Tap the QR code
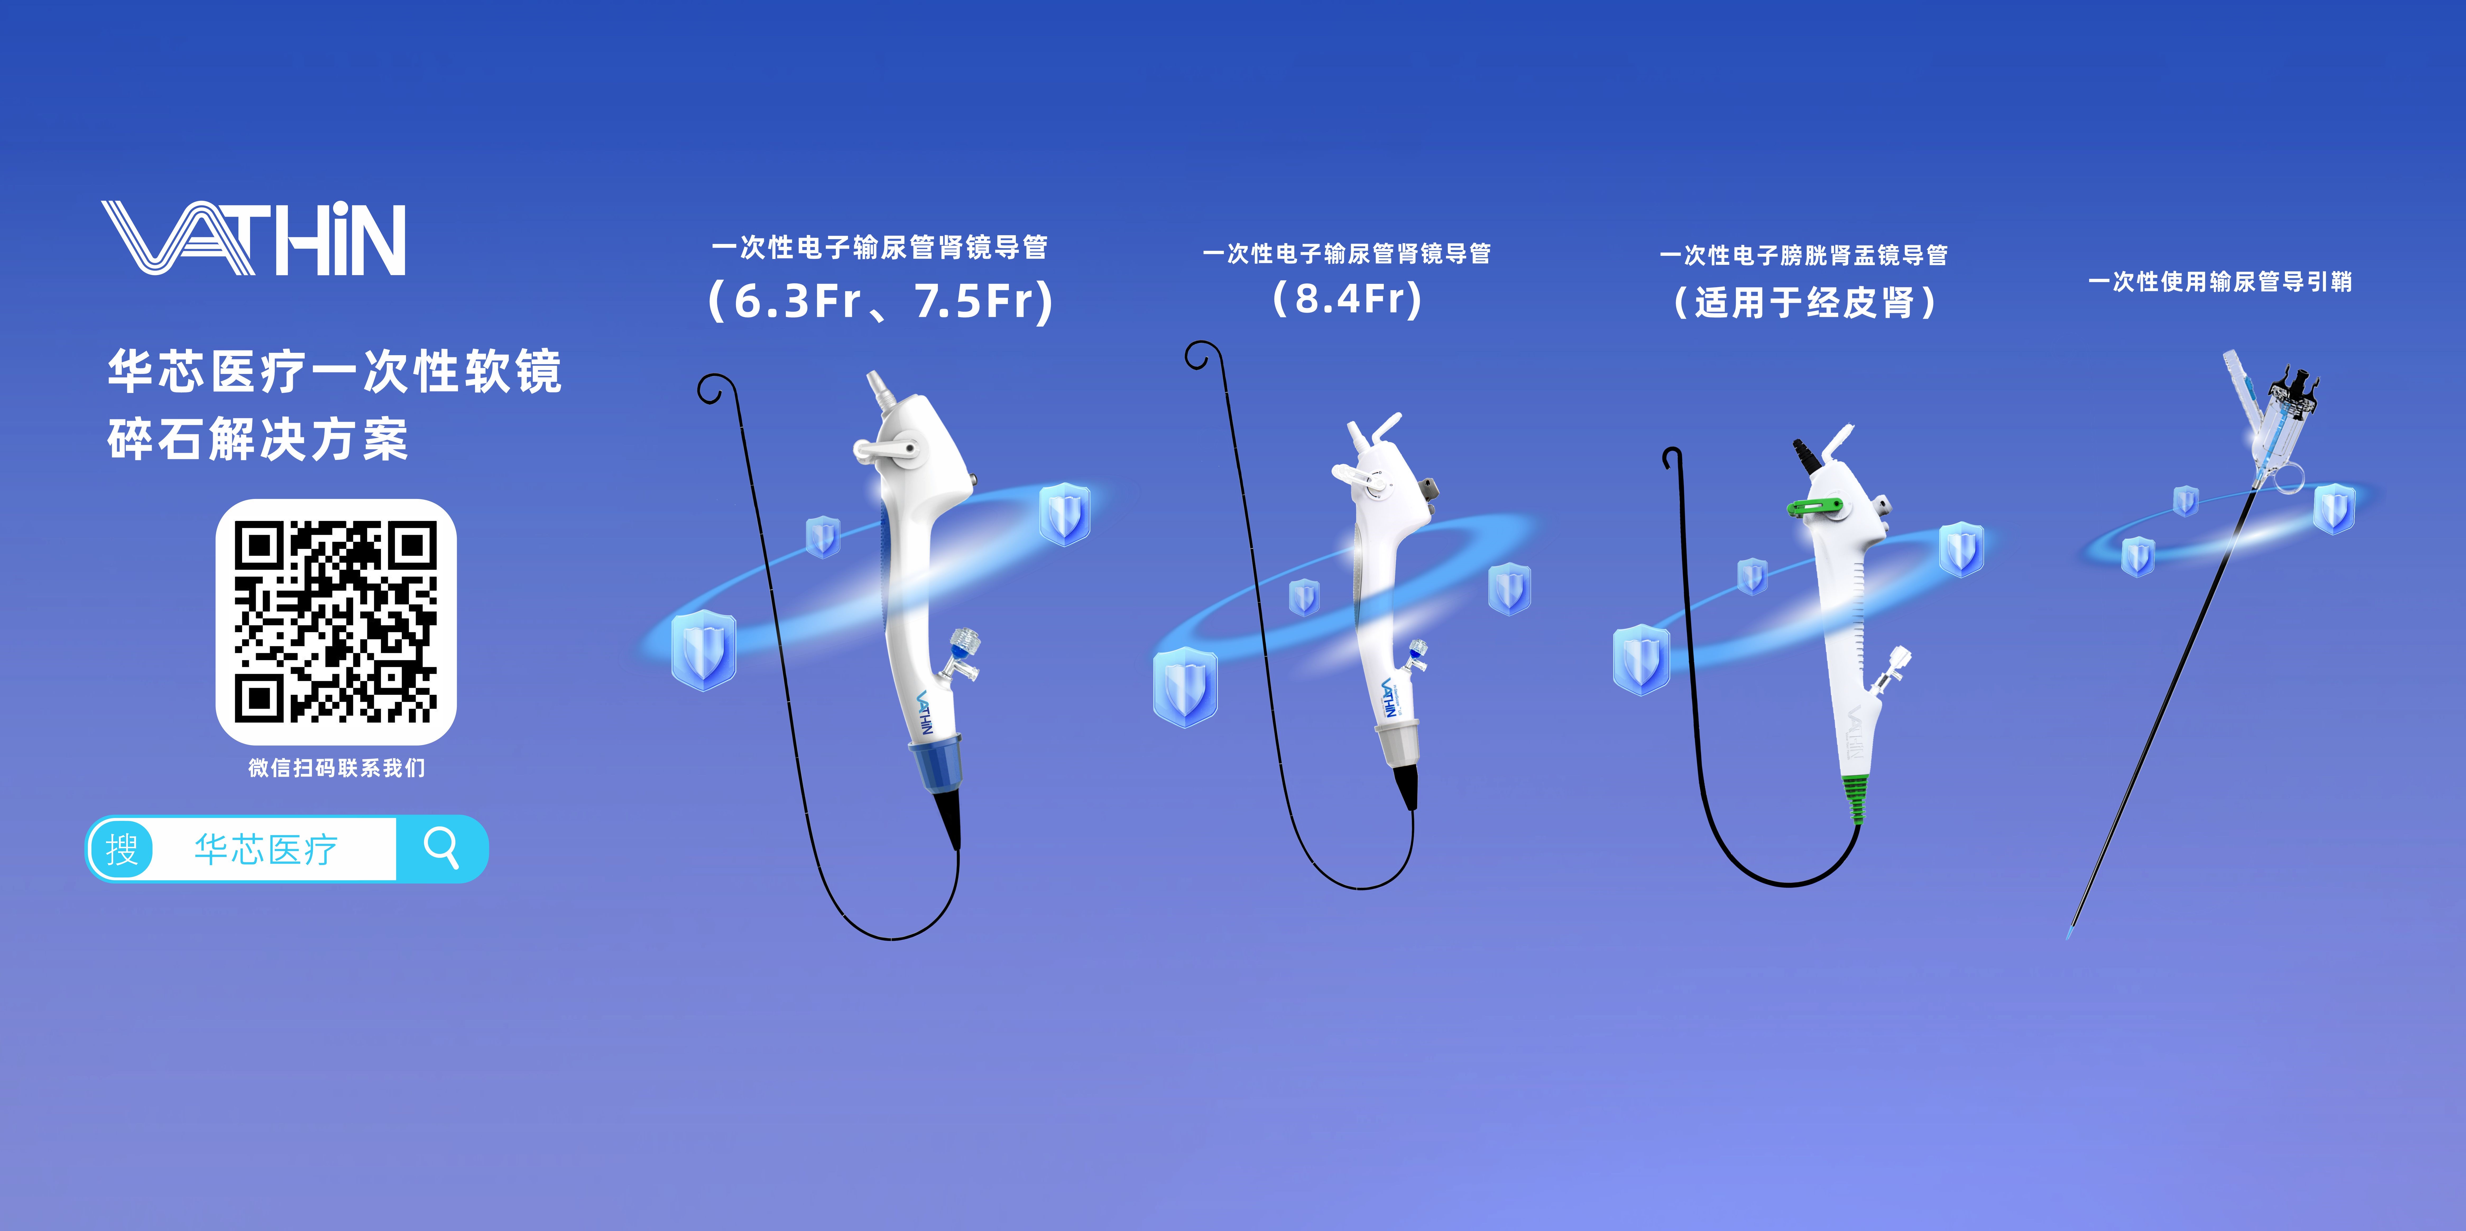coord(336,621)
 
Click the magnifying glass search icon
coord(441,848)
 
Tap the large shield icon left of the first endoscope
coord(704,649)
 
